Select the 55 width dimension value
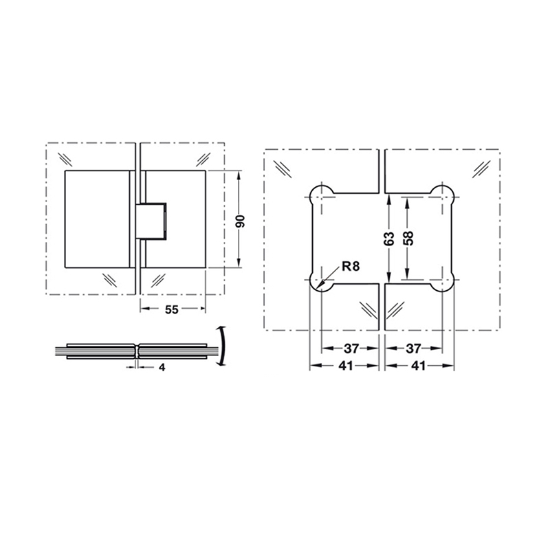(172, 309)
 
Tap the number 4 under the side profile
(162, 368)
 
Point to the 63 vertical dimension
(389, 239)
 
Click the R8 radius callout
(350, 265)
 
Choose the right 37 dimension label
(416, 349)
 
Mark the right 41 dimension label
(419, 366)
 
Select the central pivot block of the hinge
(153, 220)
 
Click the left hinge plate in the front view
(98, 219)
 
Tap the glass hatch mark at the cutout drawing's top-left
(283, 168)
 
